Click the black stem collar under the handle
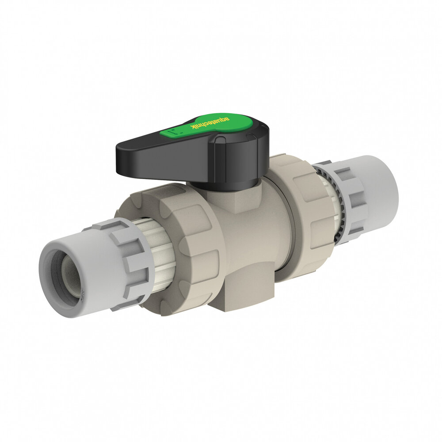pyautogui.click(x=225, y=184)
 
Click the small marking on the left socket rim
pyautogui.click(x=82, y=292)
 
